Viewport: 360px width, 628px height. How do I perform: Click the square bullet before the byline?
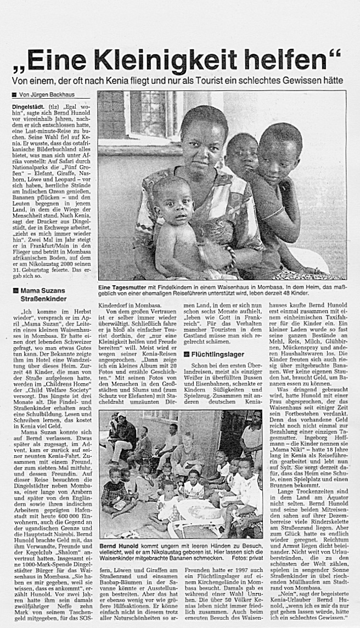click(x=15, y=95)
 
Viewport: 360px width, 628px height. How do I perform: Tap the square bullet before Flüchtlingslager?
click(x=187, y=354)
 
